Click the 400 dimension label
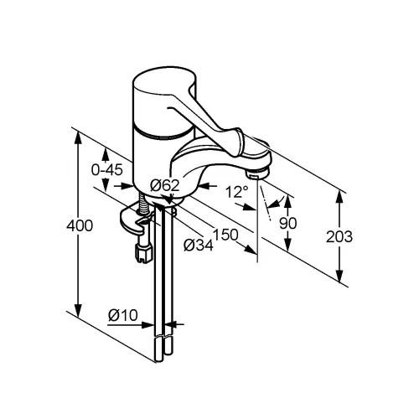tap(80, 225)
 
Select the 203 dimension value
tap(339, 237)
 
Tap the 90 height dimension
tap(288, 224)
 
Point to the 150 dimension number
tap(225, 235)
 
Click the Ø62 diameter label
tap(164, 185)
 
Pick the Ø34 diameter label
tap(199, 246)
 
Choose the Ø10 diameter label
tap(123, 315)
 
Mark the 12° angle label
tap(237, 192)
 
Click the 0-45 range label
tap(107, 169)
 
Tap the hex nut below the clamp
tap(143, 253)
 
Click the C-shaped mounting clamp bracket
tap(134, 220)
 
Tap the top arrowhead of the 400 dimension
tap(79, 137)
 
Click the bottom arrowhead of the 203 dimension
tap(339, 277)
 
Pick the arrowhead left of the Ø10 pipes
tap(147, 325)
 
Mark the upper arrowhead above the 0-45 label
tap(106, 154)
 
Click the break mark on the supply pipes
tap(163, 336)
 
